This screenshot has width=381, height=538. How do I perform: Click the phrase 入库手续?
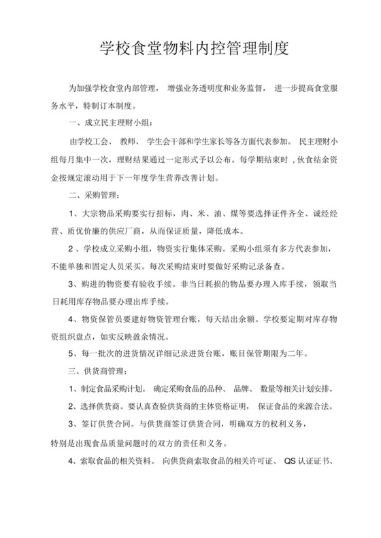click(273, 284)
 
